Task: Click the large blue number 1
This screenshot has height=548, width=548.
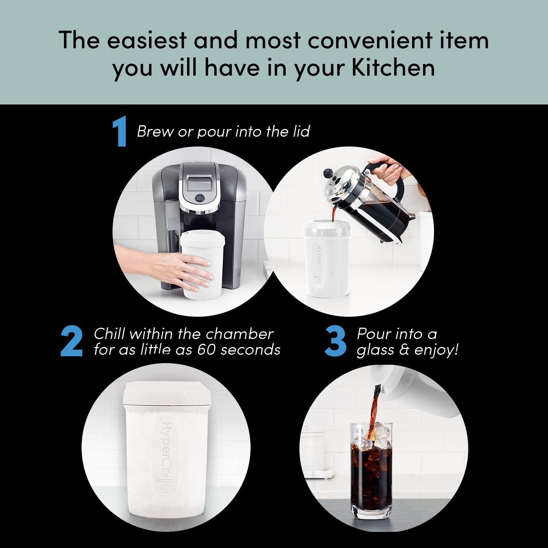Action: coord(120,132)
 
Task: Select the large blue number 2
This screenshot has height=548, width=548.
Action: coord(72,342)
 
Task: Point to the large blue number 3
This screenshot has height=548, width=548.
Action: coord(335,342)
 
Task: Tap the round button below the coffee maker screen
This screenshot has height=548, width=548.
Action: coord(199,198)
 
